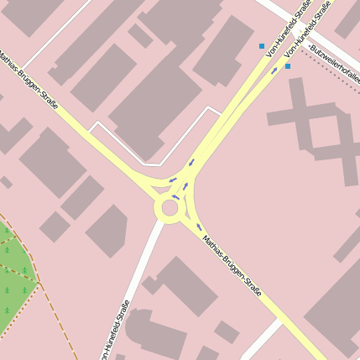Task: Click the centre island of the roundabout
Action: (170, 208)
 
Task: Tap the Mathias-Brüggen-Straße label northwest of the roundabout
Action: (29, 82)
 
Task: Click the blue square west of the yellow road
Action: (262, 46)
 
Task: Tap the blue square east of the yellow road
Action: (288, 65)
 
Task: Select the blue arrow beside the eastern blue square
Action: (274, 70)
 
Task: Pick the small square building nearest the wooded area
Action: (55, 227)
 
